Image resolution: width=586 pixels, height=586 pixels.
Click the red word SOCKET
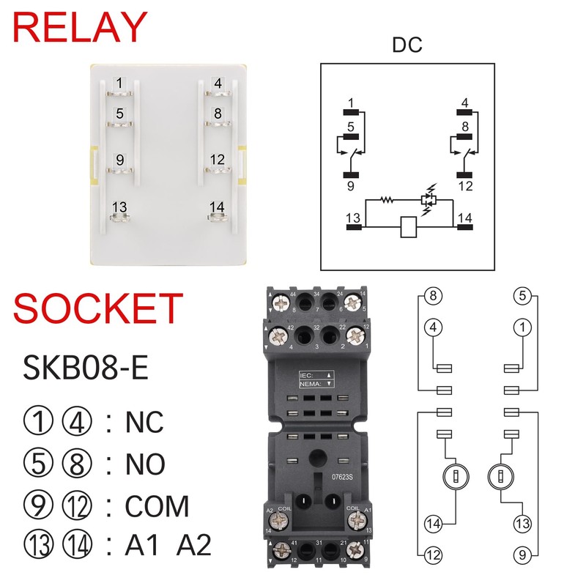97,308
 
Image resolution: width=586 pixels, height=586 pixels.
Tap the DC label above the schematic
407,45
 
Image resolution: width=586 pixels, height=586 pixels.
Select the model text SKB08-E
86,368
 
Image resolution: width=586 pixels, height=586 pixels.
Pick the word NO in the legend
145,464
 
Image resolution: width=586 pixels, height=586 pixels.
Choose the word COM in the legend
157,506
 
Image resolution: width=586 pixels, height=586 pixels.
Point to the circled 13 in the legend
39,546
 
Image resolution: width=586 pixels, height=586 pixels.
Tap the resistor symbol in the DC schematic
385,199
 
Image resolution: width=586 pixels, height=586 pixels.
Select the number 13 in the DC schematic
354,218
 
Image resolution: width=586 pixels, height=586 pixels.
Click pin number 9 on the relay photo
119,158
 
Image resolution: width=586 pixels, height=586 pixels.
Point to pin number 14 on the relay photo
216,207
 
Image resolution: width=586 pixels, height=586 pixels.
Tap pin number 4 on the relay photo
218,83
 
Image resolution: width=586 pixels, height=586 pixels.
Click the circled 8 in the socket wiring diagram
434,297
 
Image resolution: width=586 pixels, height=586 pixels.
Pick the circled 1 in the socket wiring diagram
522,328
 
